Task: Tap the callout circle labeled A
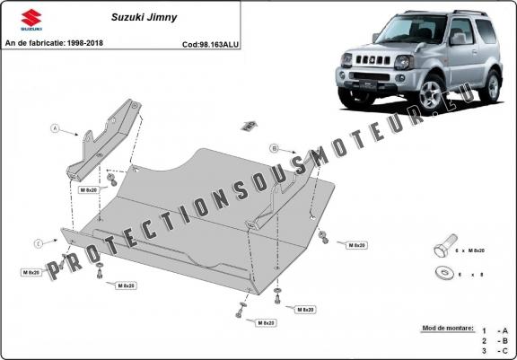coord(55,129)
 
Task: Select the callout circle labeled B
coord(274,147)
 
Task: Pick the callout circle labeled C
coord(39,243)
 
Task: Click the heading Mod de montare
coord(446,329)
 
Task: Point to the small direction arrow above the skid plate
coord(249,122)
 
